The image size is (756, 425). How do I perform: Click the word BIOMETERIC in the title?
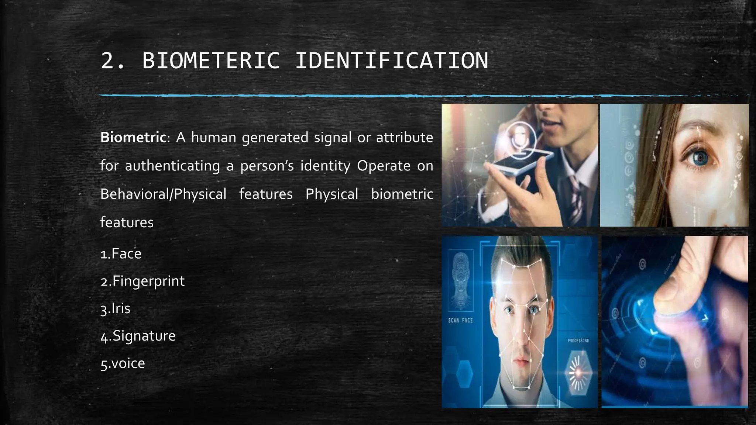click(x=211, y=61)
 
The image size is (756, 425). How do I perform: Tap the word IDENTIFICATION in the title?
click(x=392, y=61)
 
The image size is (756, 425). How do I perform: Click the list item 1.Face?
click(x=121, y=254)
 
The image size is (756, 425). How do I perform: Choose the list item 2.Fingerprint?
click(x=142, y=281)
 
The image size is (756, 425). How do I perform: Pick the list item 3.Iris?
click(x=115, y=308)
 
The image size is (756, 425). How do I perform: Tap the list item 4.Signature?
click(x=138, y=336)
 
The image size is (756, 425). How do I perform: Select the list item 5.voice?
click(x=123, y=363)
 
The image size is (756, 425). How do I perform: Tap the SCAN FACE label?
click(x=460, y=321)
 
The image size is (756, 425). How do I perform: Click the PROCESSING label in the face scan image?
click(x=578, y=341)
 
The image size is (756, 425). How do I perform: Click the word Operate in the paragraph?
click(x=384, y=166)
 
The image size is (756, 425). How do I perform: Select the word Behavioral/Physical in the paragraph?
click(x=163, y=194)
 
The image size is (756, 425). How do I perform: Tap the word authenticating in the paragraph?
click(x=172, y=166)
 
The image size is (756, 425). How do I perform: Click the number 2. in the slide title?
click(x=112, y=61)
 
